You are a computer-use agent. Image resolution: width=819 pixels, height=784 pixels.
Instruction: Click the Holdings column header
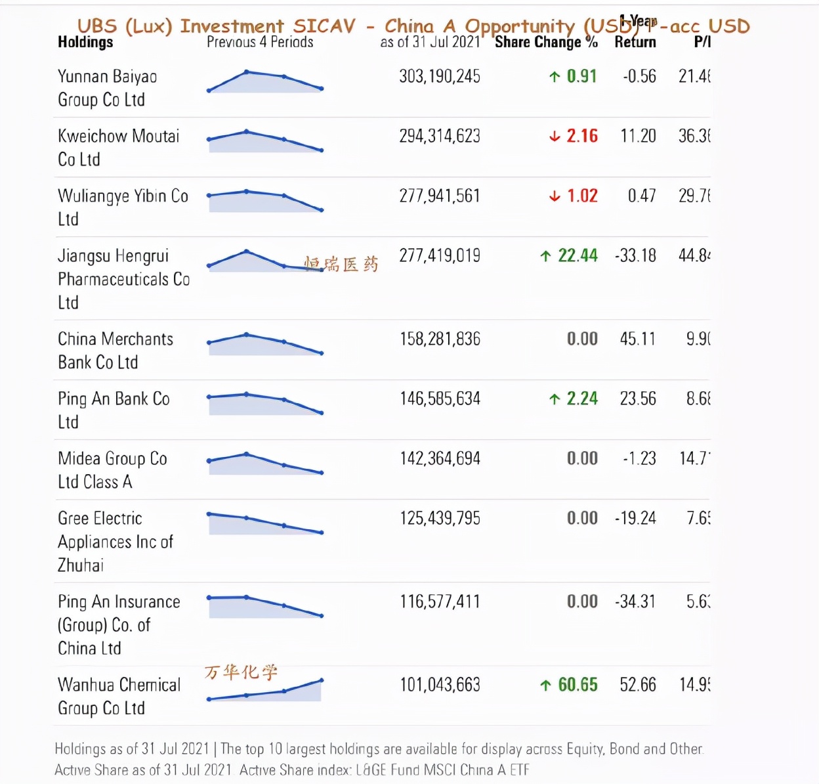(85, 42)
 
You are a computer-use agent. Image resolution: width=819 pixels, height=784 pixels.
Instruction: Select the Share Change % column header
(545, 42)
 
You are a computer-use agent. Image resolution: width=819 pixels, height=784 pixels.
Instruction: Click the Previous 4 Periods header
(260, 42)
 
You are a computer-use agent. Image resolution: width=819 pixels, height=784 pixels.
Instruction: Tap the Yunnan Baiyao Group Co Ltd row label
(107, 88)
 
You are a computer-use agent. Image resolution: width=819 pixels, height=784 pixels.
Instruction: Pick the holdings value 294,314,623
(440, 136)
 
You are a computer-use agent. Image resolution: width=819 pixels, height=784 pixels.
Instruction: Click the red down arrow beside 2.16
(555, 137)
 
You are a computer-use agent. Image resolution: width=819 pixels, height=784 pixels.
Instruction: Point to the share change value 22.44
(577, 255)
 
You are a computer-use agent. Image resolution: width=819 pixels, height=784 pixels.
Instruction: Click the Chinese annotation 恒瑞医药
(341, 264)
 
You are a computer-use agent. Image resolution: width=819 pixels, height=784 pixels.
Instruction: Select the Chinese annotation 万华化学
(241, 672)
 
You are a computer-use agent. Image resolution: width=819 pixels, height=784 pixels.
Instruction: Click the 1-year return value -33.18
(635, 255)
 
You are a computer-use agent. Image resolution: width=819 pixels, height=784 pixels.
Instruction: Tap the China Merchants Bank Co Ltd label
(115, 351)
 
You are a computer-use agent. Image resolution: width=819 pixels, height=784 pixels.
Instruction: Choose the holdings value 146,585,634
(440, 399)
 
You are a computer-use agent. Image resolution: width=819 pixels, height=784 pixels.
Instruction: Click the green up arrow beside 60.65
(545, 686)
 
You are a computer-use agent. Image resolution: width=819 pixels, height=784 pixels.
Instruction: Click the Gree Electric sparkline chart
(265, 523)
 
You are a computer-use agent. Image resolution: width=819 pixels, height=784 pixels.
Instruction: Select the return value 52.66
(638, 685)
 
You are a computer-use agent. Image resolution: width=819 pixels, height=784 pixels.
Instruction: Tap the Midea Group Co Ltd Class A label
(112, 470)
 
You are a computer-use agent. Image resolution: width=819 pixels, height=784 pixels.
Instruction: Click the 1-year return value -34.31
(635, 601)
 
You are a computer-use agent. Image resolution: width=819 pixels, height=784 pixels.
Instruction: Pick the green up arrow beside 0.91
(555, 77)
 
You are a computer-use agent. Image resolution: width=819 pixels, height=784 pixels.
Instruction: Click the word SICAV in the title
(324, 26)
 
